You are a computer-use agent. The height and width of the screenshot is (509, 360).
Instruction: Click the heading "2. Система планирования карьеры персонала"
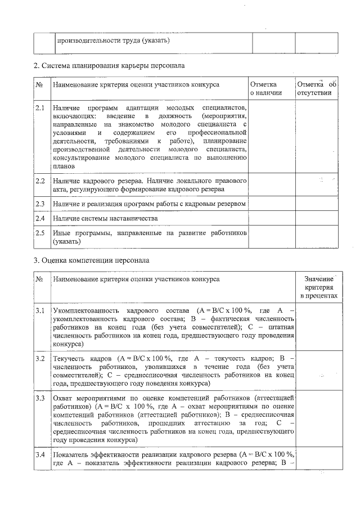[x=109, y=65]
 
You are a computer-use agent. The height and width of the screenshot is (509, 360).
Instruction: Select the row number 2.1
[x=40, y=107]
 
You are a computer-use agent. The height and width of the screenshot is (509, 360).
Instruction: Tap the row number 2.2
[x=40, y=181]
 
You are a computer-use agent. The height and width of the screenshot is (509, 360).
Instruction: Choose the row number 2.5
[x=40, y=232]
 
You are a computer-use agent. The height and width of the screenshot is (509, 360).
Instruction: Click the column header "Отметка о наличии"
[x=266, y=88]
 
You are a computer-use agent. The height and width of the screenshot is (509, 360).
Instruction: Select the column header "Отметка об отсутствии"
[x=316, y=88]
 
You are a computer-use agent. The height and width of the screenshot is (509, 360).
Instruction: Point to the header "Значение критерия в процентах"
[x=318, y=287]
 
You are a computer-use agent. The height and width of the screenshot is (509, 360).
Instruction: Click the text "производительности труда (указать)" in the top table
[x=113, y=41]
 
